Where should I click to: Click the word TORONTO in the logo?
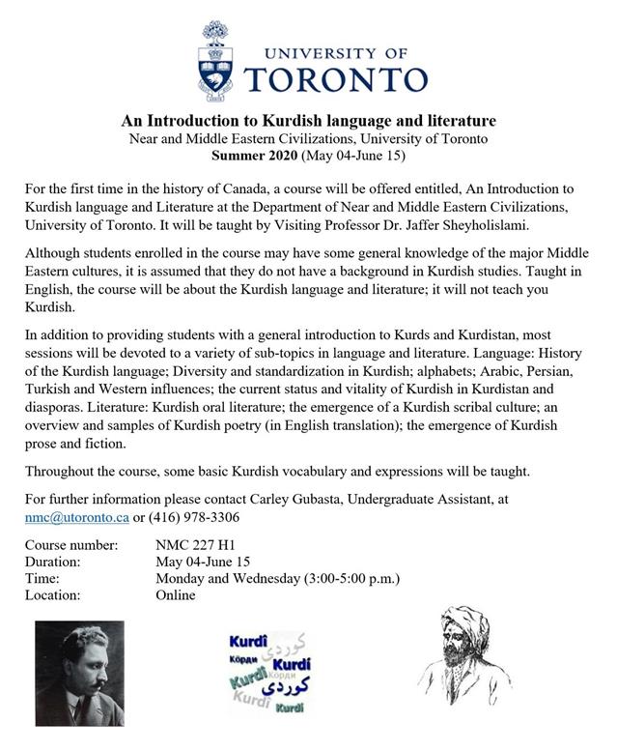click(335, 78)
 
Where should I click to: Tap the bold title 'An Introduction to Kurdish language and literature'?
click(308, 122)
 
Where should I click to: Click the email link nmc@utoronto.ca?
click(77, 517)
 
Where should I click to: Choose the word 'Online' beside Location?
click(176, 594)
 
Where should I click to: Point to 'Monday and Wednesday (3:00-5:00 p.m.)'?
click(277, 578)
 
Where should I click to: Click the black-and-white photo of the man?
click(80, 674)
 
